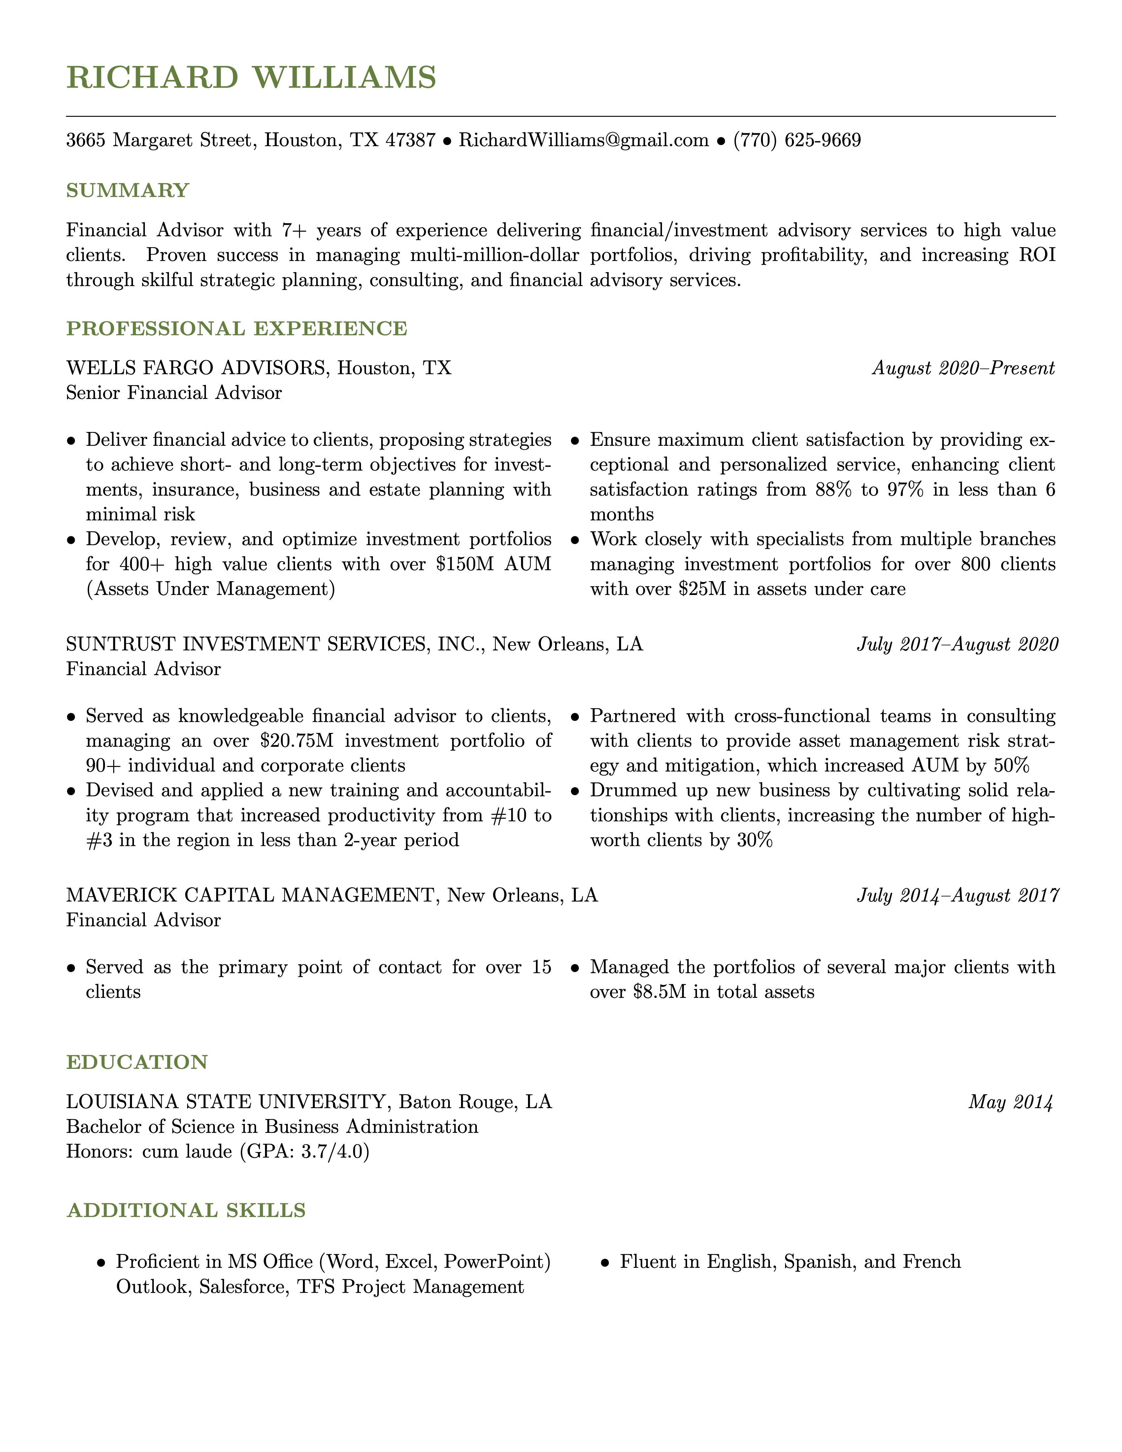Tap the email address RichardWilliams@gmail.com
[583, 140]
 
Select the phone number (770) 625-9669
[797, 140]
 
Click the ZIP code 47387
[410, 140]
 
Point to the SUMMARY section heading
[128, 191]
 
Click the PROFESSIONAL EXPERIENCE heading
[237, 328]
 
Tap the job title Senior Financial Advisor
[174, 393]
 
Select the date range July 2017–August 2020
[957, 644]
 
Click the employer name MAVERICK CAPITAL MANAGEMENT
[250, 896]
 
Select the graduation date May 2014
[1010, 1102]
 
